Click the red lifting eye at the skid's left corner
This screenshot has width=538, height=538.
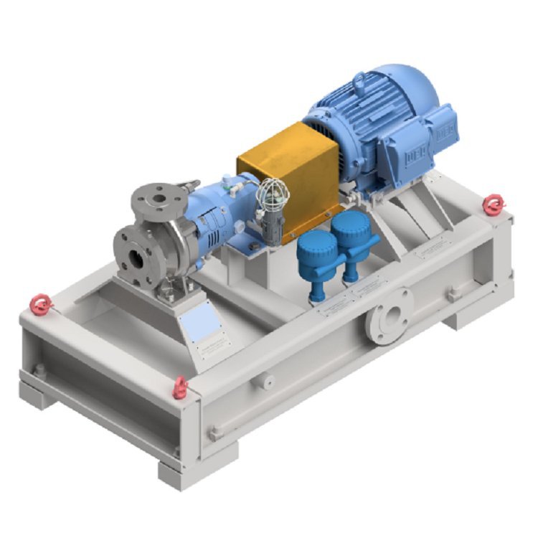point(41,306)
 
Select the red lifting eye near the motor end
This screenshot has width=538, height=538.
point(492,205)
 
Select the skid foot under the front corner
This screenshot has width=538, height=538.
point(187,470)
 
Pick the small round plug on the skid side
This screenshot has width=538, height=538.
point(268,382)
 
